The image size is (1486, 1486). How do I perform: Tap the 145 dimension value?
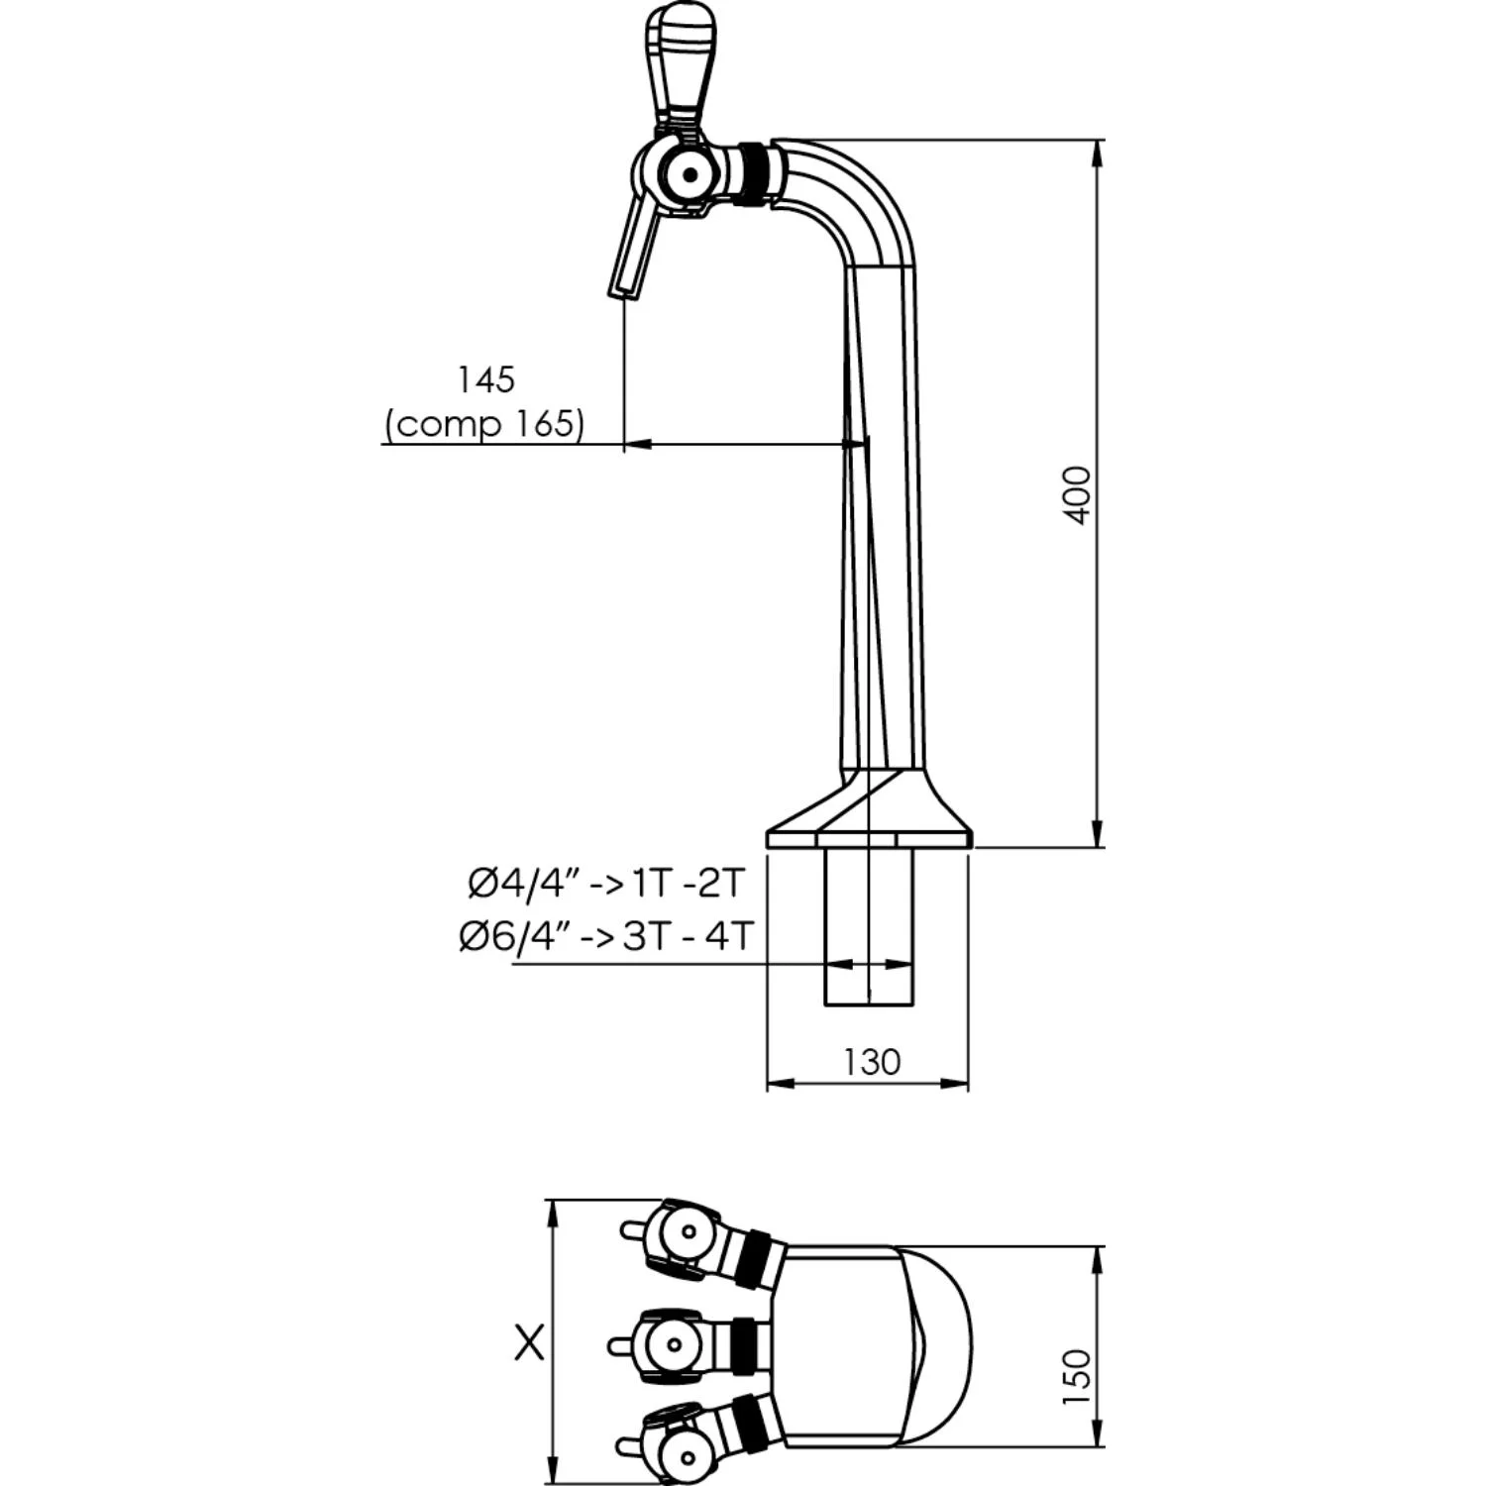(x=485, y=379)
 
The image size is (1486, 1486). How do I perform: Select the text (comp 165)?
(x=484, y=424)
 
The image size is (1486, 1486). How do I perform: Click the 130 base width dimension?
(x=872, y=1062)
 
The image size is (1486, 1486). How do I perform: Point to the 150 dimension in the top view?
(x=1076, y=1376)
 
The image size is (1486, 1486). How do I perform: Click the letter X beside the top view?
(x=530, y=1343)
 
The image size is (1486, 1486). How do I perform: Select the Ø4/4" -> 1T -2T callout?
(x=605, y=884)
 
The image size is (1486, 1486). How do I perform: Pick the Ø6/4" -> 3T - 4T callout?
(x=606, y=935)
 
